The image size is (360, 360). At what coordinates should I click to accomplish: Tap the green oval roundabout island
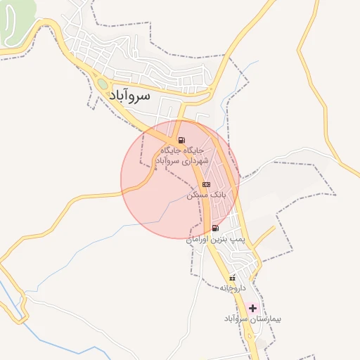[103, 84]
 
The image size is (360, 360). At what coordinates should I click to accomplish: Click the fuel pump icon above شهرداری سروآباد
[182, 140]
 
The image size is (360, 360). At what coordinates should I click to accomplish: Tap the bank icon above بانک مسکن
[205, 184]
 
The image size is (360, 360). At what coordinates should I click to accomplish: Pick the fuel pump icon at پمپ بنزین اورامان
[214, 228]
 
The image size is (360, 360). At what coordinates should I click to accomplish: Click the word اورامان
[198, 240]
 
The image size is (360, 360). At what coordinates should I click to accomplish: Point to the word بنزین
[222, 240]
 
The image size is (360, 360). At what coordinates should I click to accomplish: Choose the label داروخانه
[233, 288]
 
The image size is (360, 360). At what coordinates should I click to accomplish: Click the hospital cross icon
[252, 308]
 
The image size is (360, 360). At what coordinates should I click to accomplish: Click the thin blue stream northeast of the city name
[226, 102]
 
